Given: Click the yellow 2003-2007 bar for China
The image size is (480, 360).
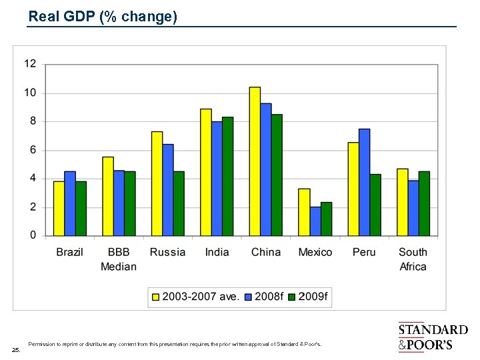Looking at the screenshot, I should [255, 161].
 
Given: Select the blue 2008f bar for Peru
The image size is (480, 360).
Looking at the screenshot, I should [364, 182].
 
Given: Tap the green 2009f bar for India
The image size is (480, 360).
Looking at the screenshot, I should [228, 177].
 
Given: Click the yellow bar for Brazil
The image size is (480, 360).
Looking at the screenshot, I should [59, 209].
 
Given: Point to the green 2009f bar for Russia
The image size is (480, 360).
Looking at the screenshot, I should [179, 203].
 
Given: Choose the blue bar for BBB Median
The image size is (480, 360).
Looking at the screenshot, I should [119, 203].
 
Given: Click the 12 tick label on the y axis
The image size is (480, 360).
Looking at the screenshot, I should [31, 64].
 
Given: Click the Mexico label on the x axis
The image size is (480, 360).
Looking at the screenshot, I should [315, 252].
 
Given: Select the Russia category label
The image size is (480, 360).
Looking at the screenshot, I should [167, 252].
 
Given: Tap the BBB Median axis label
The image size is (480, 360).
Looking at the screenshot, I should [119, 259].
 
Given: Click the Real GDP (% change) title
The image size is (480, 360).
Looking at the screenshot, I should [103, 17].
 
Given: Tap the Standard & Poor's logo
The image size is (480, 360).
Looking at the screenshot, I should [433, 337].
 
